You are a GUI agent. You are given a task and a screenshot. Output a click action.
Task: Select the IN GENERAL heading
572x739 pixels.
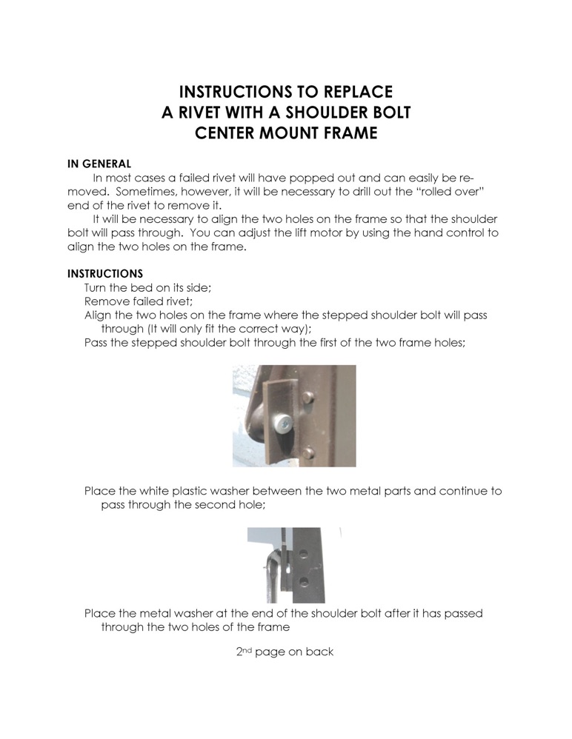coord(99,163)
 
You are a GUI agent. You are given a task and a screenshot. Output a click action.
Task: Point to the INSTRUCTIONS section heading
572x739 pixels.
coord(105,273)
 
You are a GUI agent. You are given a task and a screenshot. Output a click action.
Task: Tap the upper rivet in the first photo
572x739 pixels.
coord(309,400)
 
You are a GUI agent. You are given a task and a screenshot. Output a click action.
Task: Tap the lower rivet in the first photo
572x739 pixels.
coord(310,451)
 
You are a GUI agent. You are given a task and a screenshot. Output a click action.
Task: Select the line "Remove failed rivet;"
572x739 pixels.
coord(139,301)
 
